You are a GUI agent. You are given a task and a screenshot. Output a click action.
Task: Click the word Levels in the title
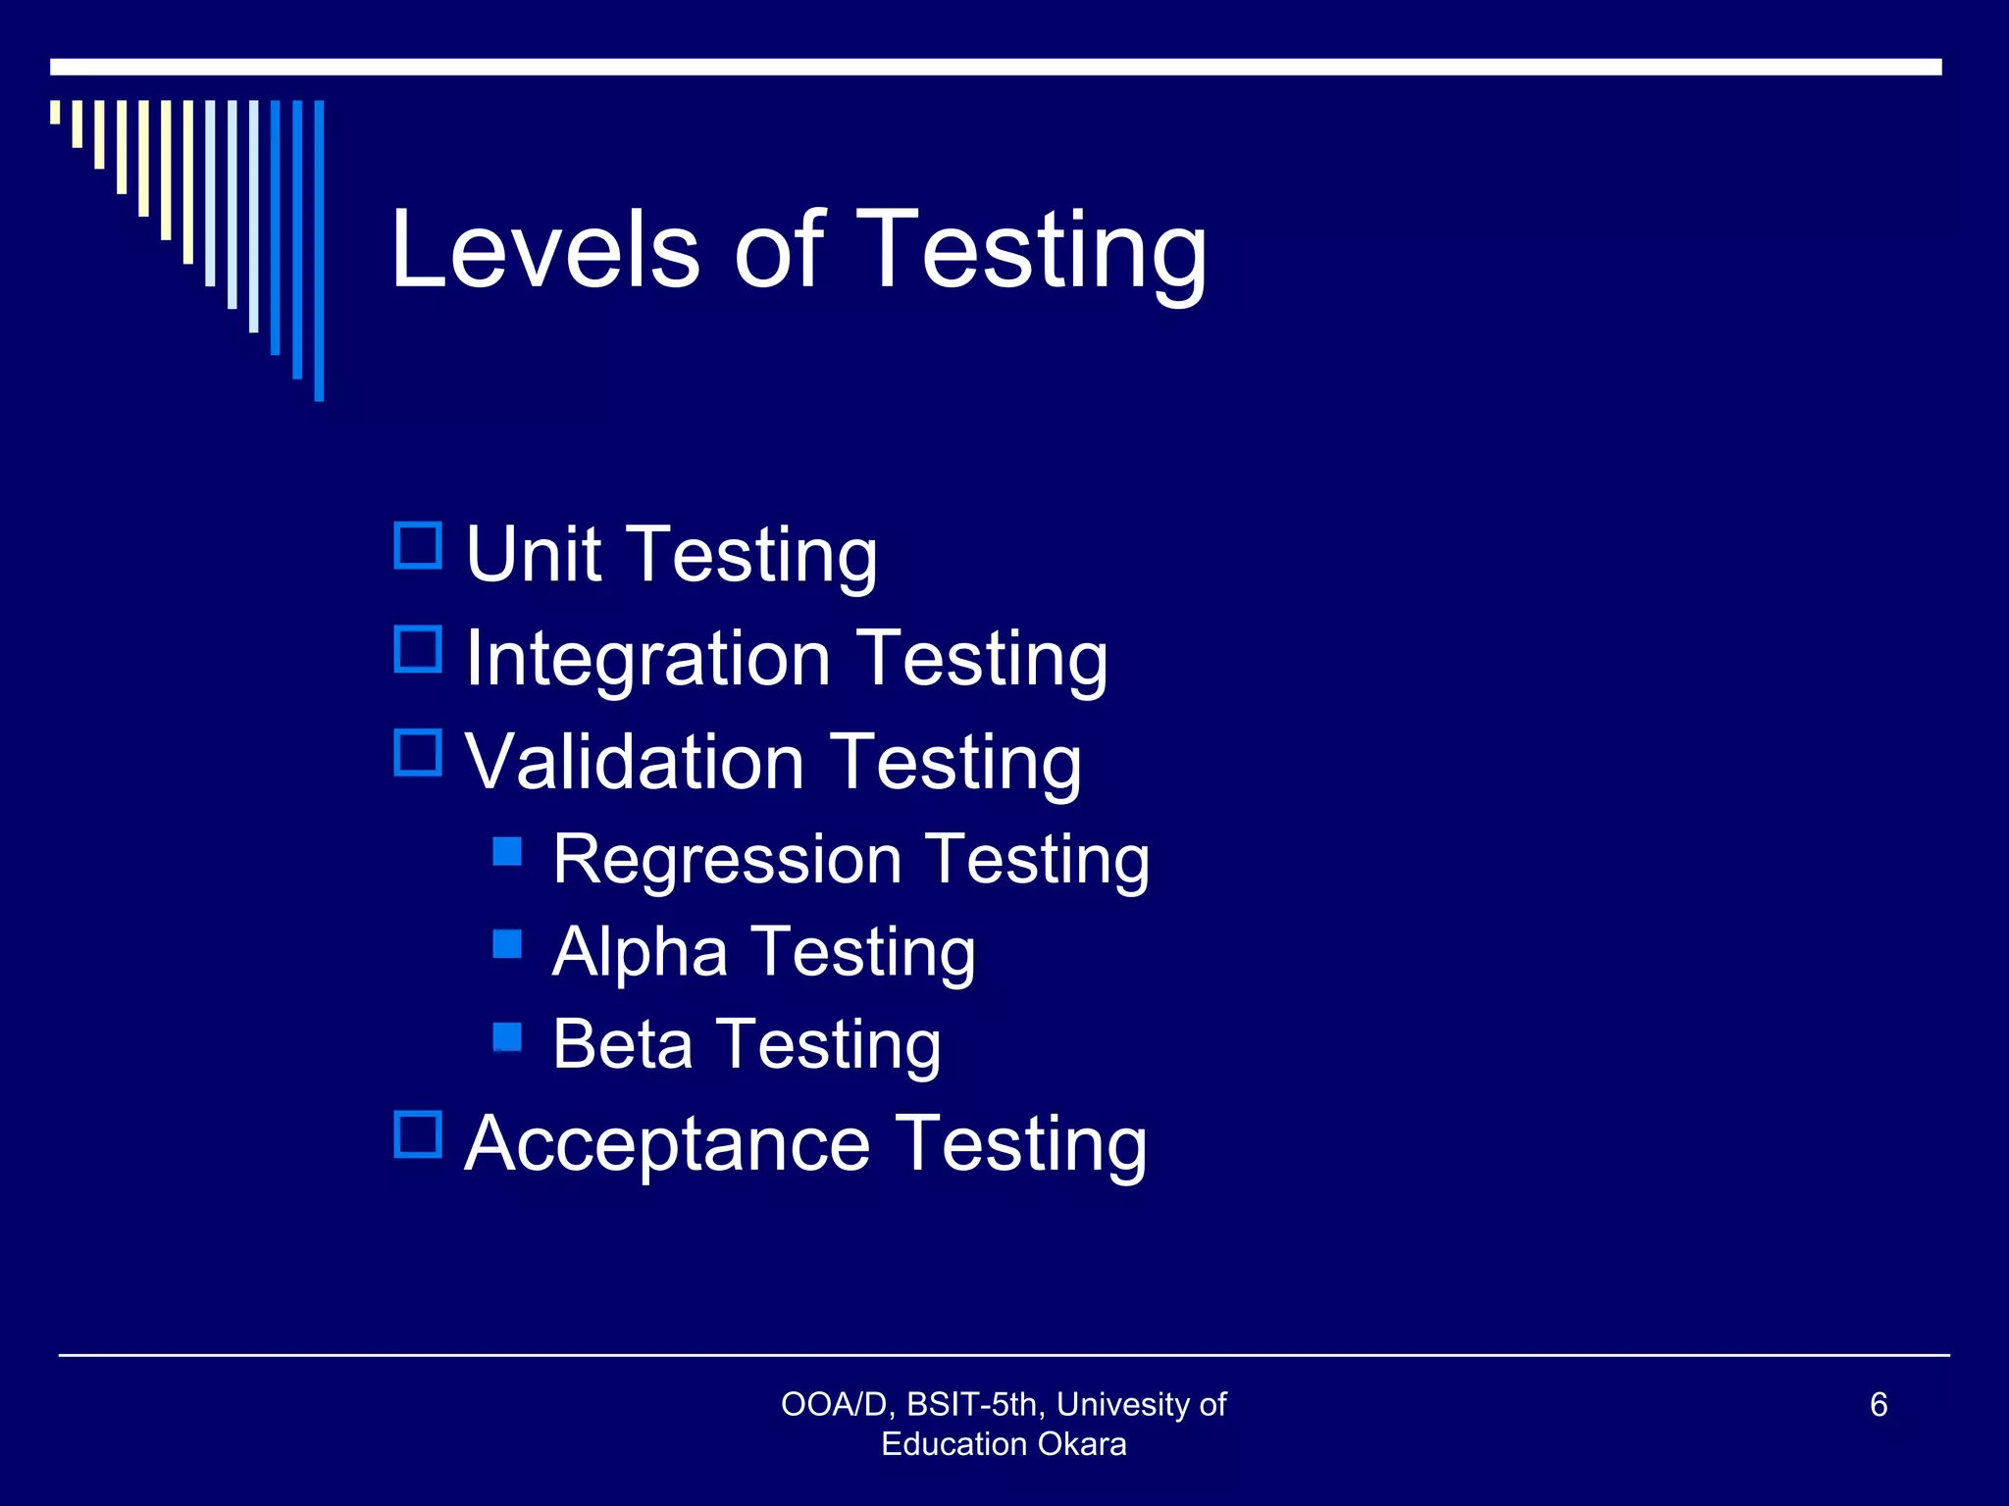coord(544,250)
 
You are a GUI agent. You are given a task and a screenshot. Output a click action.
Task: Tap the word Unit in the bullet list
coord(533,554)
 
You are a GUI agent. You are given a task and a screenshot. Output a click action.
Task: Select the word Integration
coord(647,659)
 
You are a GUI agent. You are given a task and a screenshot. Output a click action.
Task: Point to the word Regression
coord(726,860)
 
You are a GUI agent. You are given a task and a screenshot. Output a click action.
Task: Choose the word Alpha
coord(640,951)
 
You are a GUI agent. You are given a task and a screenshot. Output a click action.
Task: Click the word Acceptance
coord(667,1143)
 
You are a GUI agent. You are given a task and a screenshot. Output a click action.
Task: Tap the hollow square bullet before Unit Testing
coord(418,545)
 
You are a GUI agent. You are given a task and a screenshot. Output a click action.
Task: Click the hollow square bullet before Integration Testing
coord(418,649)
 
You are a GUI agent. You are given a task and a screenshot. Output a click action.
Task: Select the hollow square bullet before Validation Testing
coord(418,752)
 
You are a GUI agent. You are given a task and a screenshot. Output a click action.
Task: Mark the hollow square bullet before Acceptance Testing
coord(418,1134)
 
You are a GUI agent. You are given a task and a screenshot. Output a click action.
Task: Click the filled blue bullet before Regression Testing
coord(507,851)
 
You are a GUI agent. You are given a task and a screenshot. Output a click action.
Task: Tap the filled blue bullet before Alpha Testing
coord(507,943)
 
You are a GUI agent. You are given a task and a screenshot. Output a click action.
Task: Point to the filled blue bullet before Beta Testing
coord(507,1036)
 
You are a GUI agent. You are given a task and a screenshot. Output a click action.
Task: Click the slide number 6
coord(1879,1404)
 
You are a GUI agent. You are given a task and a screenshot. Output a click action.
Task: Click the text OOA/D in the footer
coord(834,1405)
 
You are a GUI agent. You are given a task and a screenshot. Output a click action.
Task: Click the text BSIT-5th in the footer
coord(972,1405)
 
